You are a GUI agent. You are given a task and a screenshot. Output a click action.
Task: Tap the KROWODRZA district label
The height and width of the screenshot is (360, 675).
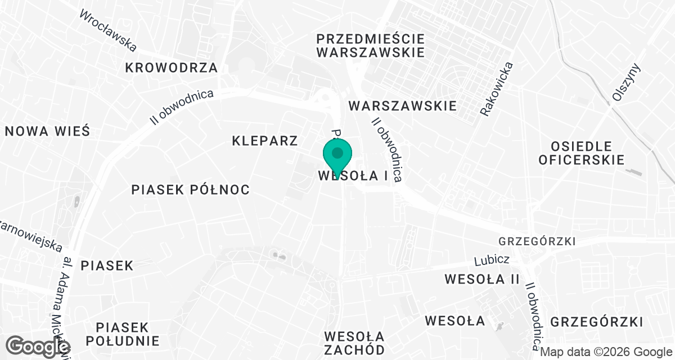(172, 68)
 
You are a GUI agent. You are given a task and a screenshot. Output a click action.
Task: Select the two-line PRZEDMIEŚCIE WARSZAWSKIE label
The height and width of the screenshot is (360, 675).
(370, 46)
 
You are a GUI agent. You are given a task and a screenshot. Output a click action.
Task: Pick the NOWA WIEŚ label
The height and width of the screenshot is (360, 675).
(47, 131)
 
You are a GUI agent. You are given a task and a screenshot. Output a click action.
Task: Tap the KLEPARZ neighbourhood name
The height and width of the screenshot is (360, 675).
(264, 141)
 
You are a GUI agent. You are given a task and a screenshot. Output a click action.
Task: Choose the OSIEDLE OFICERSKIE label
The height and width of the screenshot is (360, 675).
(581, 152)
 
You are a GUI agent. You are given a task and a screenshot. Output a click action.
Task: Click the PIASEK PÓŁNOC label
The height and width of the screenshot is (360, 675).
(190, 190)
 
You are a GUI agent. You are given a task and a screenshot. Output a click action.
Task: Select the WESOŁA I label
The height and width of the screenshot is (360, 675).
(353, 175)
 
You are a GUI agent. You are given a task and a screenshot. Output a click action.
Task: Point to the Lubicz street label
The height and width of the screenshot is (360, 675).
(492, 260)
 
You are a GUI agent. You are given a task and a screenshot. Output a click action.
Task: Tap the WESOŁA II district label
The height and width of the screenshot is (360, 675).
(481, 279)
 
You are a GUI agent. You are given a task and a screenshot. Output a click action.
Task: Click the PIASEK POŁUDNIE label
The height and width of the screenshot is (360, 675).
(121, 334)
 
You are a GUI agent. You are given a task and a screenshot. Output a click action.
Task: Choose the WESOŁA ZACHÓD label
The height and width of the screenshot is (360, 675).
(354, 343)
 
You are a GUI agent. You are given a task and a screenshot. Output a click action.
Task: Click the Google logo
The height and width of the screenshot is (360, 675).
(39, 346)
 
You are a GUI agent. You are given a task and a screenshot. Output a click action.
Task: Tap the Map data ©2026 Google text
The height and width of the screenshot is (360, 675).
(606, 352)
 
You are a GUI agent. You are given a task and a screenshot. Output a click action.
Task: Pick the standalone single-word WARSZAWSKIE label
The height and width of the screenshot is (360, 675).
(402, 106)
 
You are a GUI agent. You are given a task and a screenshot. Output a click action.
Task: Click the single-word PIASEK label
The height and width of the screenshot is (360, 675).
(107, 265)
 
